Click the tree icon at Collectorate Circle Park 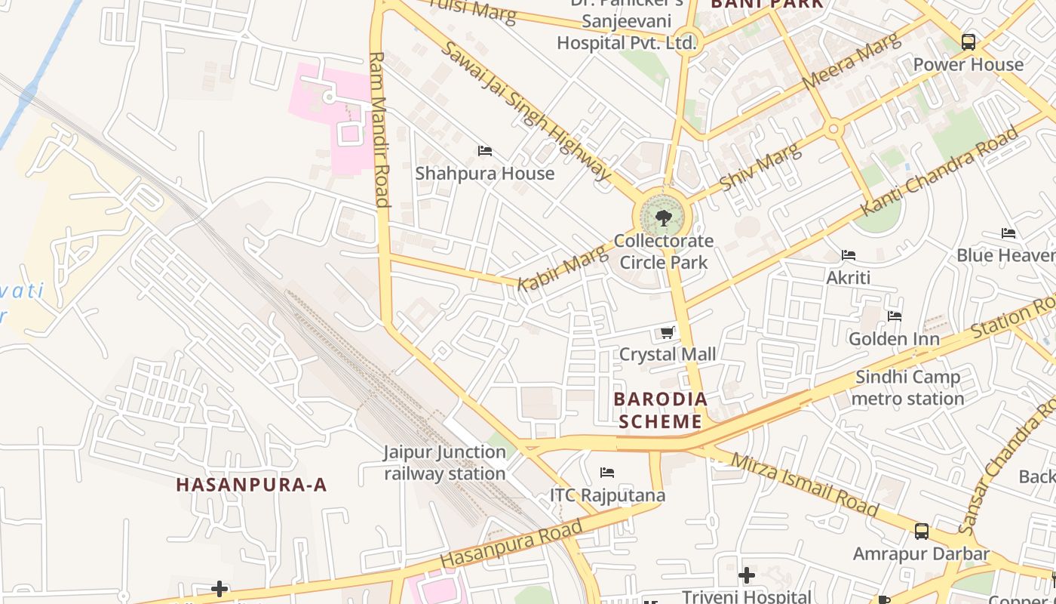pyautogui.click(x=664, y=219)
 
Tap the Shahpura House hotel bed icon pyautogui.click(x=485, y=151)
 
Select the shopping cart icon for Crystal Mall pyautogui.click(x=667, y=332)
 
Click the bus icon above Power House pyautogui.click(x=969, y=42)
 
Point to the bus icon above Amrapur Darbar pyautogui.click(x=921, y=532)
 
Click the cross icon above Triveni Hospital pyautogui.click(x=747, y=575)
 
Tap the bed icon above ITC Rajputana pyautogui.click(x=607, y=473)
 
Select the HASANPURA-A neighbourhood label pyautogui.click(x=252, y=485)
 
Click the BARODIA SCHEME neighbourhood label pyautogui.click(x=660, y=410)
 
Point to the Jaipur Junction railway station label pyautogui.click(x=445, y=463)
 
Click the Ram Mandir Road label pyautogui.click(x=379, y=128)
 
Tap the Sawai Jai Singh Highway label pyautogui.click(x=526, y=111)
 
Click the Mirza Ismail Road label pyautogui.click(x=804, y=484)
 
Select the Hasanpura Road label pyautogui.click(x=511, y=544)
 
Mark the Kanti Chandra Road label pyautogui.click(x=940, y=171)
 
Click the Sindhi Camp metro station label pyautogui.click(x=907, y=387)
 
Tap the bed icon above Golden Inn pyautogui.click(x=895, y=316)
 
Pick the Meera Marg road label pyautogui.click(x=852, y=63)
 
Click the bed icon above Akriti pyautogui.click(x=849, y=255)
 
